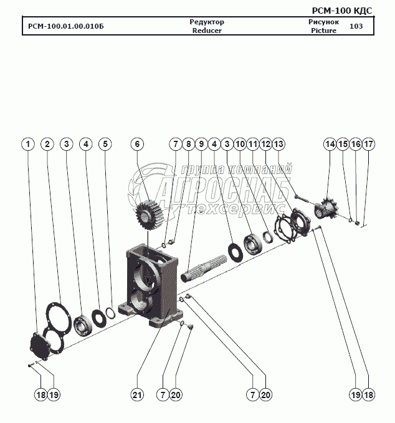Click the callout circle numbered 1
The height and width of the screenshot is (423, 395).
(x=27, y=144)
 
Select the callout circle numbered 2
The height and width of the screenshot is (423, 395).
(x=47, y=144)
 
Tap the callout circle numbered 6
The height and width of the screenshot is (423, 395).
(x=137, y=144)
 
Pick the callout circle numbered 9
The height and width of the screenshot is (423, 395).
(x=201, y=144)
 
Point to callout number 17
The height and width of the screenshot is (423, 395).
(x=369, y=144)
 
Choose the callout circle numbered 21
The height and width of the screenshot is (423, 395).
(x=137, y=394)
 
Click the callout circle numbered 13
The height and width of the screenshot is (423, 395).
(x=278, y=144)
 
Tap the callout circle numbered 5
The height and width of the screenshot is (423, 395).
(x=105, y=144)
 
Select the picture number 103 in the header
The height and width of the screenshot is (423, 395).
(x=356, y=26)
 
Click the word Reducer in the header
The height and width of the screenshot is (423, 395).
(x=207, y=30)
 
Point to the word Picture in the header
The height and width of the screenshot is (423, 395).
(x=323, y=30)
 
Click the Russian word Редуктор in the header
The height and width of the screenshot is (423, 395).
(x=207, y=22)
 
